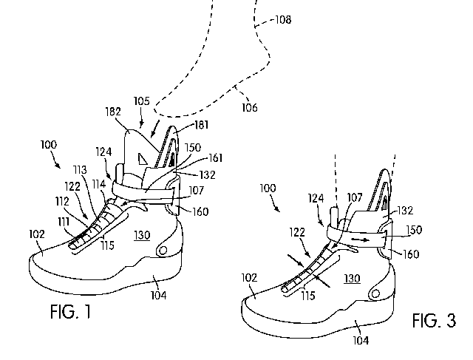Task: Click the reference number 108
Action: coord(282,20)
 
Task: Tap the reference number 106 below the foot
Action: coord(249,108)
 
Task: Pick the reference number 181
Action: coord(201,126)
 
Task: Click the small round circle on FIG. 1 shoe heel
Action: coord(162,251)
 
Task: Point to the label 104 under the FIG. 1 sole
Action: coord(157,296)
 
